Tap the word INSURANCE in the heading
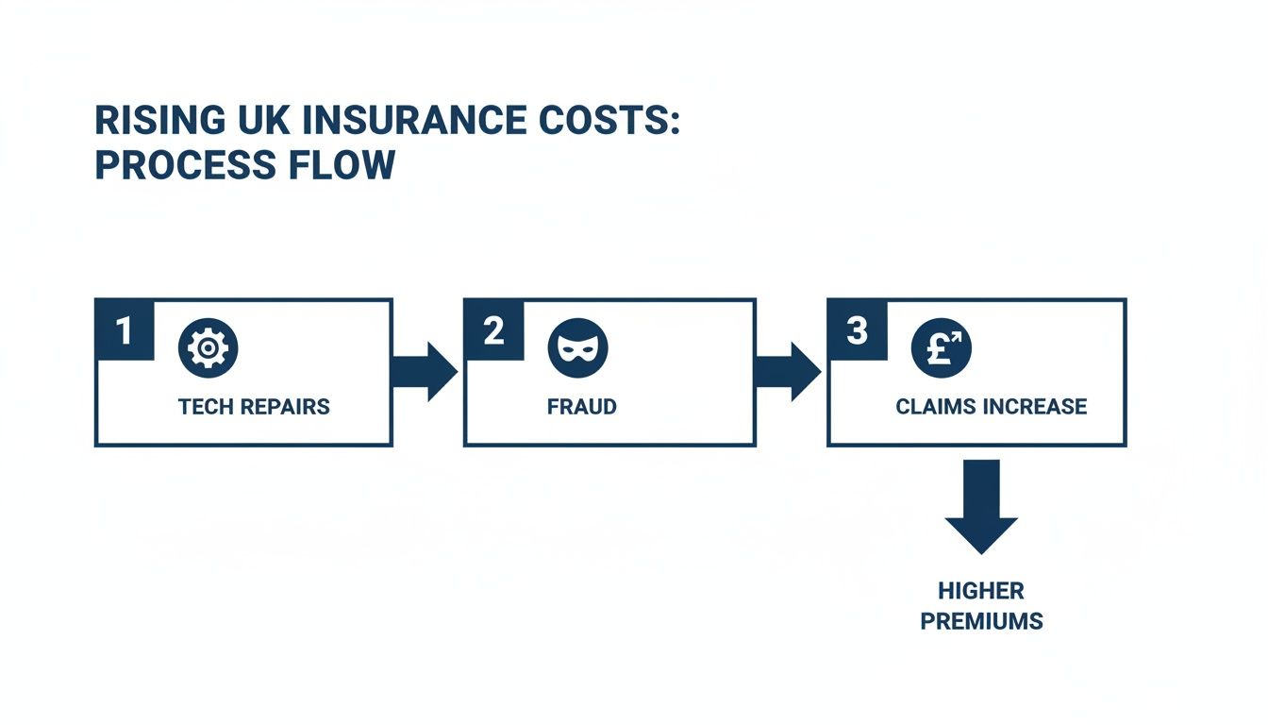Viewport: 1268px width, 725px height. coord(415,120)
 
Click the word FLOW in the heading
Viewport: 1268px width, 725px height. coord(342,165)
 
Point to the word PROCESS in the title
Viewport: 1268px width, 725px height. coord(186,165)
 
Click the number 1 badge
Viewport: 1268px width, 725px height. coord(125,329)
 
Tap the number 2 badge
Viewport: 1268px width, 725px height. coord(493,329)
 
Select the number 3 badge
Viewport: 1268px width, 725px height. coord(857,329)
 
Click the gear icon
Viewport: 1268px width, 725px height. coord(208,347)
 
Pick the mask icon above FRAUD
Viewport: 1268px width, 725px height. coord(578,347)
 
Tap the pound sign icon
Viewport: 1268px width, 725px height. coord(942,347)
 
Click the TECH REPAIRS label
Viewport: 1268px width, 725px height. coord(254,407)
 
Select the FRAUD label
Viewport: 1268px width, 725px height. coord(582,407)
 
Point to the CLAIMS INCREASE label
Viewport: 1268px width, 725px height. coord(992,407)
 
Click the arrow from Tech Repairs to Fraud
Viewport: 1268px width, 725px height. coord(425,372)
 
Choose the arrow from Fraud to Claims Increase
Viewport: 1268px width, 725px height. coord(788,372)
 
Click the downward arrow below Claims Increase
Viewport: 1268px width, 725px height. coord(981,506)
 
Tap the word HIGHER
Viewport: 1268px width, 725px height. coord(981,591)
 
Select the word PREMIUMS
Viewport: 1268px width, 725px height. coord(981,621)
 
